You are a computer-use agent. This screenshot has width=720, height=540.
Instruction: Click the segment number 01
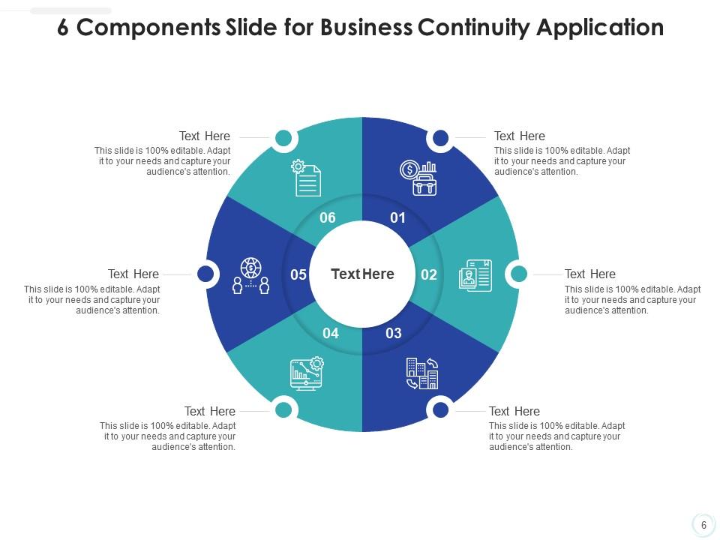pos(397,218)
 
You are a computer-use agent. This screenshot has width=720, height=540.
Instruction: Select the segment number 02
pos(429,274)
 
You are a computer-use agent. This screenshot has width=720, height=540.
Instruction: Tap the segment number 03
pos(394,333)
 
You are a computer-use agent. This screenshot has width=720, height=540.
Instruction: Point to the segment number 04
pos(331,333)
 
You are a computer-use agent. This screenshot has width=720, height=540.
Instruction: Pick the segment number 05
pos(298,274)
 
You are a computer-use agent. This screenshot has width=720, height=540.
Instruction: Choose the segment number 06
pos(328,218)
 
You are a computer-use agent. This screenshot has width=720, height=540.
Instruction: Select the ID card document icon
pos(475,275)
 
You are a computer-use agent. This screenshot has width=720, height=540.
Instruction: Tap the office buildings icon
pos(421,373)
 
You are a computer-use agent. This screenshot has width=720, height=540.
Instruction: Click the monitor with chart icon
pos(307,373)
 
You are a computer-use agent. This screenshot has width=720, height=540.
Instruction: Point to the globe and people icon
pos(250,276)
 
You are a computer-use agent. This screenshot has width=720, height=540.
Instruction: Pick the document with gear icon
pos(306,178)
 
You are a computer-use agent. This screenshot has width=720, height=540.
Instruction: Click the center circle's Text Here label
pos(362,274)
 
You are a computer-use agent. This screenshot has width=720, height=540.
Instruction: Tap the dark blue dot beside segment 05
pos(205,274)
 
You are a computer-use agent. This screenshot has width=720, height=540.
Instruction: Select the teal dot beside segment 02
pos(519,274)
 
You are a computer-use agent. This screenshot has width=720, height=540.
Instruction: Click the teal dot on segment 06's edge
pos(283,138)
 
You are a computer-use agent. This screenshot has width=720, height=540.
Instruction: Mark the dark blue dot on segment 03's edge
pos(441,410)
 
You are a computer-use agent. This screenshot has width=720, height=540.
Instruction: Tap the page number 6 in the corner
pos(703,525)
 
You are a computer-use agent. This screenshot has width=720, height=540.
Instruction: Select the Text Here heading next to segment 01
pos(519,136)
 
